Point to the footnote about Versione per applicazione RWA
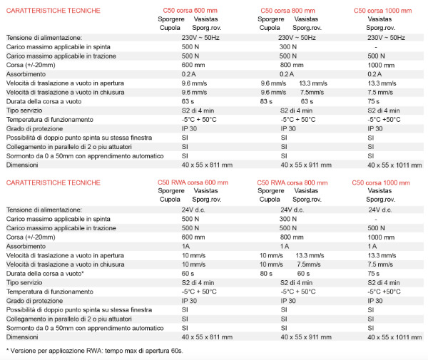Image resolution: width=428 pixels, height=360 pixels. (x=95, y=351)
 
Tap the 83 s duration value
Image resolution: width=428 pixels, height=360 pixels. (x=267, y=101)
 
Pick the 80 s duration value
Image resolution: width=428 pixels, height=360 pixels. (x=267, y=273)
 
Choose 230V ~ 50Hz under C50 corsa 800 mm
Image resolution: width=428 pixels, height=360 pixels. (x=297, y=37)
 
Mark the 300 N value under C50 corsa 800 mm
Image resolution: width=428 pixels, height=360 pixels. (x=288, y=46)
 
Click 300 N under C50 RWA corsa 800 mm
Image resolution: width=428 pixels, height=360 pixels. (x=288, y=219)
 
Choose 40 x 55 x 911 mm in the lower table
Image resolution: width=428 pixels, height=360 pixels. (x=307, y=336)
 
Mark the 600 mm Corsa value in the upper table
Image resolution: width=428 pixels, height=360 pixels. (x=193, y=64)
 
